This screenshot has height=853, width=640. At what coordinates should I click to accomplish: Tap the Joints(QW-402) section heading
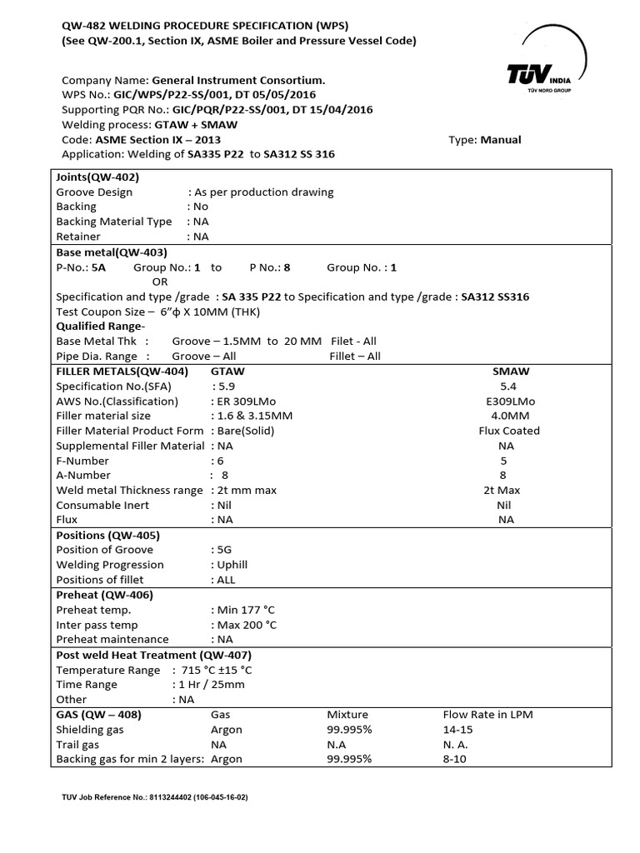(x=97, y=177)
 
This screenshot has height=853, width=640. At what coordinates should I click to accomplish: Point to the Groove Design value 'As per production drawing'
(x=263, y=192)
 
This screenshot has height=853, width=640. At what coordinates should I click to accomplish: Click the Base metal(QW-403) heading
(x=112, y=252)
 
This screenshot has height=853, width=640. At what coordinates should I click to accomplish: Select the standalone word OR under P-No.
(x=159, y=282)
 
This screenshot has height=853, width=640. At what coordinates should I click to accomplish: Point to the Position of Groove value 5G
(x=225, y=550)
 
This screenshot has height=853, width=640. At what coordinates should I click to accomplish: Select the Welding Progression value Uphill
(x=232, y=565)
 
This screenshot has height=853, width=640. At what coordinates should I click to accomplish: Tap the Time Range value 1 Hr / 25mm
(x=211, y=685)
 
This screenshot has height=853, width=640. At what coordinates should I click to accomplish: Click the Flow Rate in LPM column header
(x=487, y=715)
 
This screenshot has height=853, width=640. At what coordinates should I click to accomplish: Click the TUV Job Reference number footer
(x=155, y=797)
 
